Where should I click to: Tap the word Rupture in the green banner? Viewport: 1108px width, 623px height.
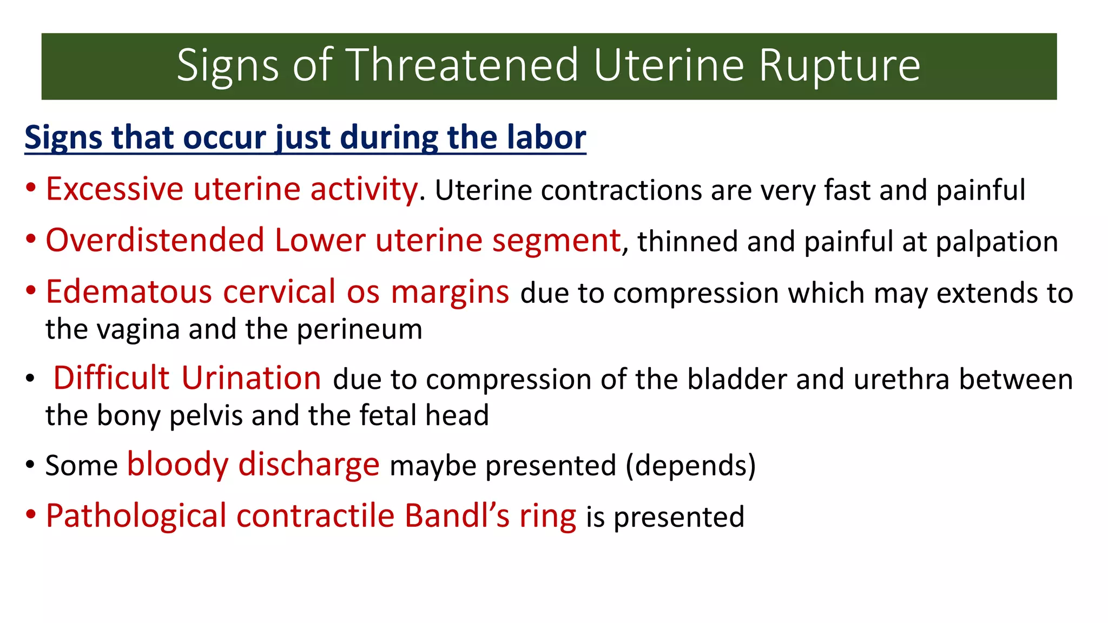839,65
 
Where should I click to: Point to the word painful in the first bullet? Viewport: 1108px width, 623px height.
980,190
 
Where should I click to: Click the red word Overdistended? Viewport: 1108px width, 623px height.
155,241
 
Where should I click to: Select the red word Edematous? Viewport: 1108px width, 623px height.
129,292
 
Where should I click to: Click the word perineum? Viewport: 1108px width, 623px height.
359,329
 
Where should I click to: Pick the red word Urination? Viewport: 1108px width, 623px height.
251,378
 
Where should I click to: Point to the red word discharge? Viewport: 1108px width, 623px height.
309,465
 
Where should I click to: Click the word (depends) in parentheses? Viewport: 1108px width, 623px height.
690,466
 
